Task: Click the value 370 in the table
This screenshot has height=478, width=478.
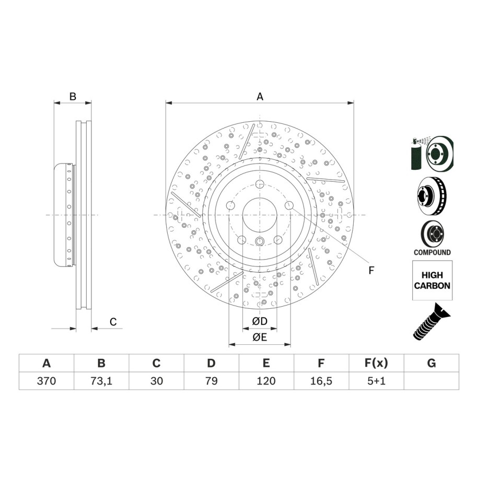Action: tap(46, 381)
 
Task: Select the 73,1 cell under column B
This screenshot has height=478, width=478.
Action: tap(102, 381)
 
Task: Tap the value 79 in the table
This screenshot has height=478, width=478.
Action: tap(211, 381)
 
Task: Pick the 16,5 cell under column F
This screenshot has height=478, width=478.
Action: tap(321, 381)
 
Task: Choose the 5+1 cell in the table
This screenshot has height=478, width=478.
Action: tap(376, 381)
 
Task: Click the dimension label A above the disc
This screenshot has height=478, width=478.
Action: tap(260, 96)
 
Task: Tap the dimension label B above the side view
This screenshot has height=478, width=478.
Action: tap(73, 96)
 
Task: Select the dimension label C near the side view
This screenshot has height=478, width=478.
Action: tap(113, 322)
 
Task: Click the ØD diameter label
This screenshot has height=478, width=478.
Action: tap(260, 321)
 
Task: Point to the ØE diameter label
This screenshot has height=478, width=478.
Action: tap(260, 337)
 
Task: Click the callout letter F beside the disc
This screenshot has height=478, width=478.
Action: tap(371, 270)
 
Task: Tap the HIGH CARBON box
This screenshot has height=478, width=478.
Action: tap(432, 281)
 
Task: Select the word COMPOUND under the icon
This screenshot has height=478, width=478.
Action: tap(432, 252)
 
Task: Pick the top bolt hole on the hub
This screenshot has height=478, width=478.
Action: tap(260, 183)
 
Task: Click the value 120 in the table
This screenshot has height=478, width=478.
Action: tap(266, 381)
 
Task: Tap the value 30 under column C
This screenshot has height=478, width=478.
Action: tap(157, 381)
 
